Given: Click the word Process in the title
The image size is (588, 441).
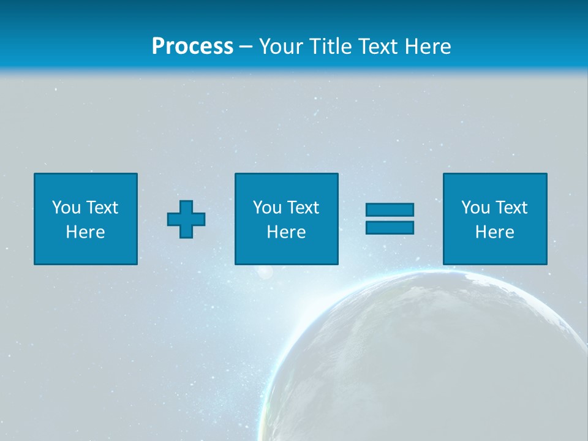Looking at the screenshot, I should pos(192,47).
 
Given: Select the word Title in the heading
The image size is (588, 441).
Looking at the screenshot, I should pos(330,47).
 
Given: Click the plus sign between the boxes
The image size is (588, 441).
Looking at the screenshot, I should pos(186,219).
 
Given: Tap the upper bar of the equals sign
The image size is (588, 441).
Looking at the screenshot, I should pos(390,210).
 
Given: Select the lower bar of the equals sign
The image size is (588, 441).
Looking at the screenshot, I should pos(390,228).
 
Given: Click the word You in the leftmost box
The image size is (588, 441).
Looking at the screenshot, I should pos(66,208).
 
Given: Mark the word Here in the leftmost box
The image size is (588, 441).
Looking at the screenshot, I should pos(85,232).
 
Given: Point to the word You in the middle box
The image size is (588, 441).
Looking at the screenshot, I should pos(267,208).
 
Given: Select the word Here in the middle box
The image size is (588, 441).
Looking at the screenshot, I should pos(286,232).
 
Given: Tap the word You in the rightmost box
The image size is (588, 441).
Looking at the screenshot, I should pos(475,208).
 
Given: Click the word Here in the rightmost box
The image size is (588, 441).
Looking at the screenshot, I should pos(494,232).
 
